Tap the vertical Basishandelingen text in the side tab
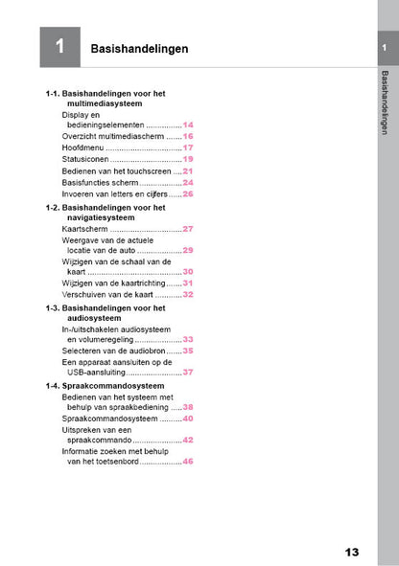coord(385,102)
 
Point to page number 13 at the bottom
coord(352,552)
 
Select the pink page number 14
coord(188,125)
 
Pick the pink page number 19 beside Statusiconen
coord(188,159)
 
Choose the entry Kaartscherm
coord(84,230)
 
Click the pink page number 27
coord(188,229)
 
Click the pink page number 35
coord(188,351)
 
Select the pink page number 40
coord(188,419)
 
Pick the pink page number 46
coord(188,462)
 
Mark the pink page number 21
coord(188,170)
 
